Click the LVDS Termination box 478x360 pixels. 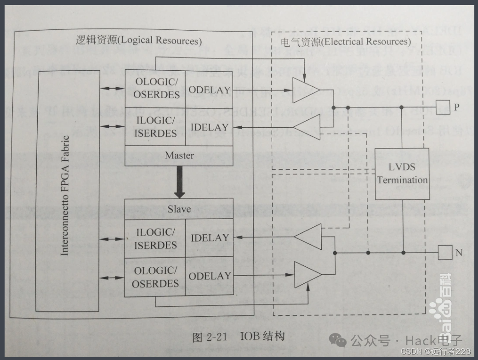coord(402,174)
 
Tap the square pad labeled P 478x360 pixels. coord(442,107)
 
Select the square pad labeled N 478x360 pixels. coord(444,252)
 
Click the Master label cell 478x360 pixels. coord(179,156)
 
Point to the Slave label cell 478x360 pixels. coord(179,209)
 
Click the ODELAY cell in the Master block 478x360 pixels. coord(209,90)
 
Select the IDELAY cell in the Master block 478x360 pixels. coord(209,127)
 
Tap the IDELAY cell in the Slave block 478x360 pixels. coord(210,238)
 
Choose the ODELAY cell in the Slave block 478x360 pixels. coord(210,276)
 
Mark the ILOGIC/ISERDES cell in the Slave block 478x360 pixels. coord(155,238)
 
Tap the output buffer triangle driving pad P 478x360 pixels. coord(305,90)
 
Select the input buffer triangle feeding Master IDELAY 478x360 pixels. coord(307,127)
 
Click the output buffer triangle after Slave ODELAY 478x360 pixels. coord(307,275)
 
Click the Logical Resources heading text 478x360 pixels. coord(138,40)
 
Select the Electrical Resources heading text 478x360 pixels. coord(345,42)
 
